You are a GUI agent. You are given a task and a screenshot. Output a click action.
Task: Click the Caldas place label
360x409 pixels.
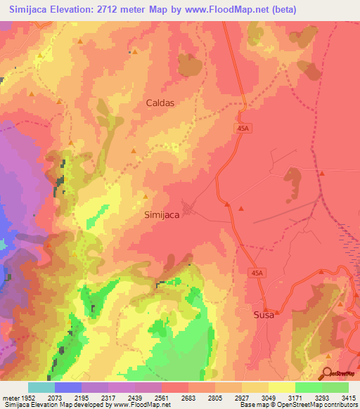tap(160, 102)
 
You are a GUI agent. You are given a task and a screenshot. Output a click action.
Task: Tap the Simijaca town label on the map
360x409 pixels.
tap(166, 216)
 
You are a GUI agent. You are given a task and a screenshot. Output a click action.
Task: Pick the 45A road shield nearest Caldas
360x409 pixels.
tap(243, 127)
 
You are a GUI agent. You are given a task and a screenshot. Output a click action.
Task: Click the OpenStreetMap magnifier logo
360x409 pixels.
tap(327, 374)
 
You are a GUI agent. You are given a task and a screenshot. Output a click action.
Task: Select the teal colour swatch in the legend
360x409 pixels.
tap(41, 387)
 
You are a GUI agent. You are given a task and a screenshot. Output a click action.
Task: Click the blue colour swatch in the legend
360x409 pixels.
tap(68, 387)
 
